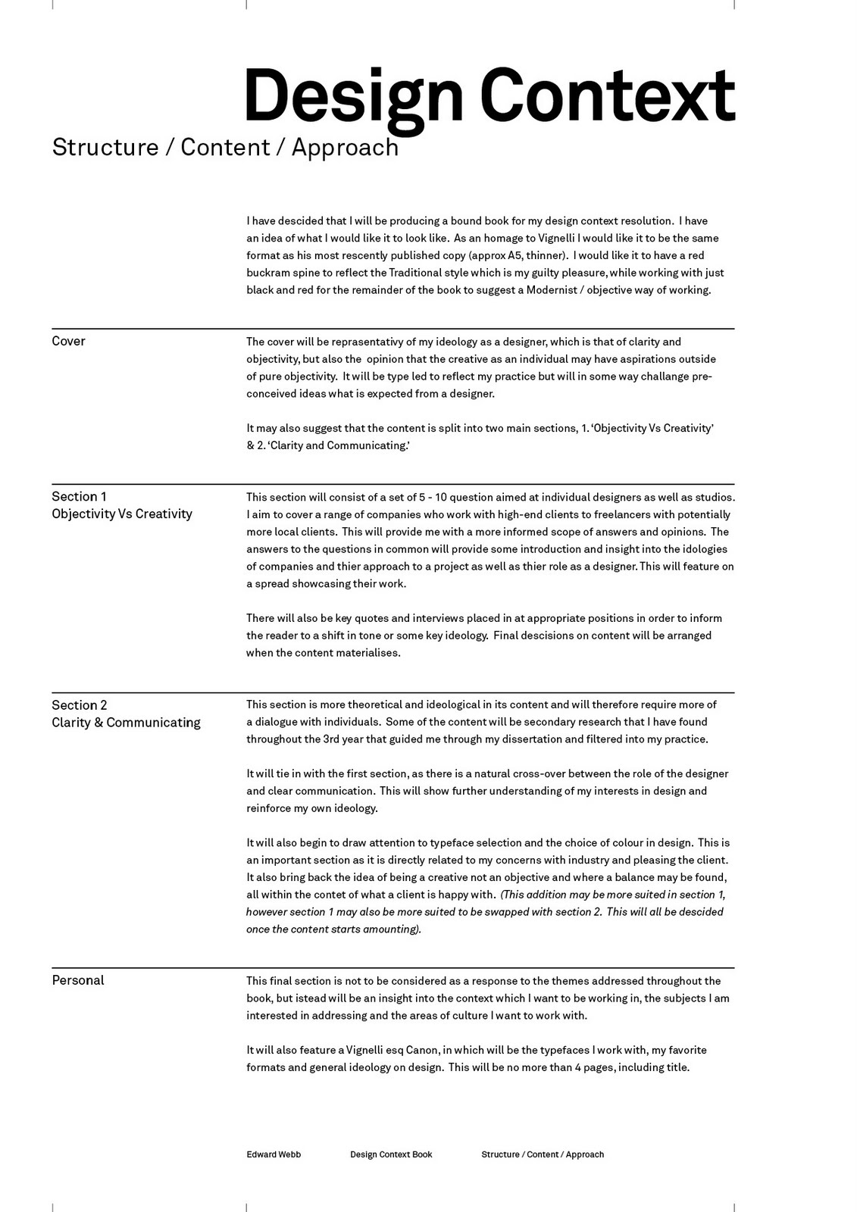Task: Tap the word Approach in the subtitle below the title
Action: tap(345, 147)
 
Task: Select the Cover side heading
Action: tap(68, 341)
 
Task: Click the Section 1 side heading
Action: tap(79, 496)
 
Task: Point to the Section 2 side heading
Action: tap(80, 705)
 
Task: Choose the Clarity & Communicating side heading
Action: tap(126, 723)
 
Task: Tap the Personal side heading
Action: tap(78, 980)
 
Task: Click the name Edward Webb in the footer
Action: tap(274, 1154)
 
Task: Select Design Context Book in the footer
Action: tap(391, 1154)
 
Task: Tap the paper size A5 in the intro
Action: tap(516, 255)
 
